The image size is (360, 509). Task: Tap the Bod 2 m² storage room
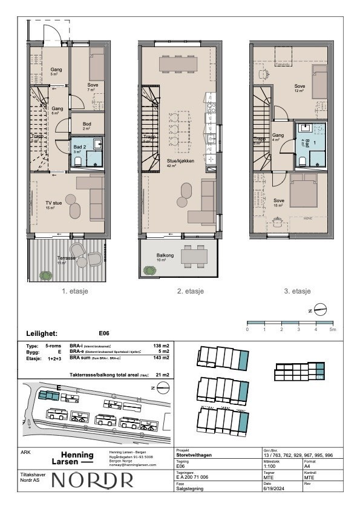point(86,126)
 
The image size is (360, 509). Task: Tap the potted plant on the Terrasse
point(45,275)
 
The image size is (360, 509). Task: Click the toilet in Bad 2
point(77,161)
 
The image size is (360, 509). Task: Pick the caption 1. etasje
point(76,291)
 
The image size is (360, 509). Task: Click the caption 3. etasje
point(297,291)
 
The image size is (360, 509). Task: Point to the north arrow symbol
point(322,309)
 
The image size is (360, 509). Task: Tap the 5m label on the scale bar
point(332,330)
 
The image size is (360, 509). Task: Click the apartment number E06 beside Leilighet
point(103,333)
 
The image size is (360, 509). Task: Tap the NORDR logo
point(93,480)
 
